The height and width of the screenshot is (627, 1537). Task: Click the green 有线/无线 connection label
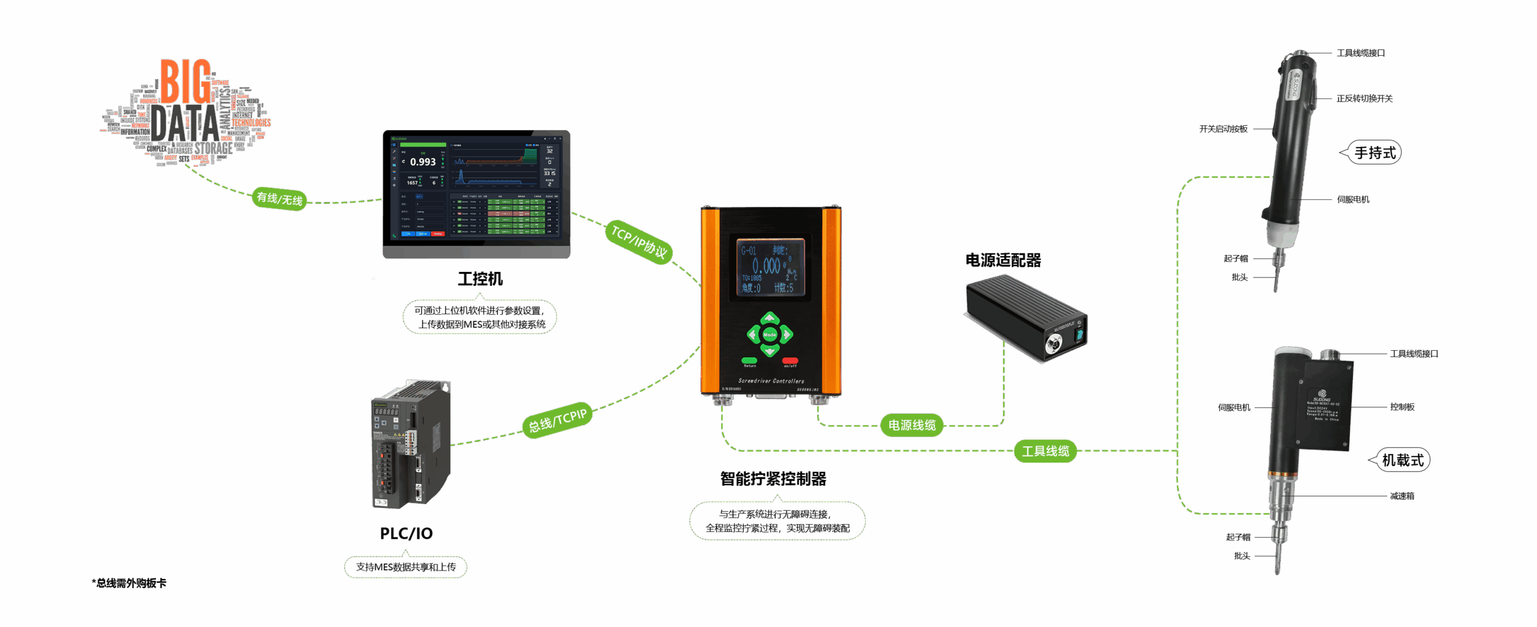(280, 199)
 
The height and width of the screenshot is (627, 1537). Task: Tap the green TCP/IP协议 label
(639, 241)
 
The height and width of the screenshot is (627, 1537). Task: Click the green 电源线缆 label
(912, 425)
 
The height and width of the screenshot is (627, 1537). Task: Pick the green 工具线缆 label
(1045, 451)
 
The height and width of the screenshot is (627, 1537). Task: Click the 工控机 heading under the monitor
(480, 279)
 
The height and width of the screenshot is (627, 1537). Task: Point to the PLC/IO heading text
(406, 533)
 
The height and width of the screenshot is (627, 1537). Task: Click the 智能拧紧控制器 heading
(773, 479)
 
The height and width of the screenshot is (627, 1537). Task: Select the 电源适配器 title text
(1003, 260)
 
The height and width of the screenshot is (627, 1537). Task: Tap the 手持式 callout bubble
(1375, 153)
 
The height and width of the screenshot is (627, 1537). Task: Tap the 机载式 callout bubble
(1403, 460)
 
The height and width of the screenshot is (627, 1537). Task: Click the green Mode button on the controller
(770, 334)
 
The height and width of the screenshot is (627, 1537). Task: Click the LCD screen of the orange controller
(770, 267)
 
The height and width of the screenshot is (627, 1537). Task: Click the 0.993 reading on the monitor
(423, 162)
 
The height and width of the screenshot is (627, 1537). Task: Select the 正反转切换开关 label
(1364, 98)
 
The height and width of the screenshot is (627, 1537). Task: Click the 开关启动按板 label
(1223, 129)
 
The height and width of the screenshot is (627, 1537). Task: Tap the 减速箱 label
(1402, 496)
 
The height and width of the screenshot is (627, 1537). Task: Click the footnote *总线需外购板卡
(129, 583)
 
